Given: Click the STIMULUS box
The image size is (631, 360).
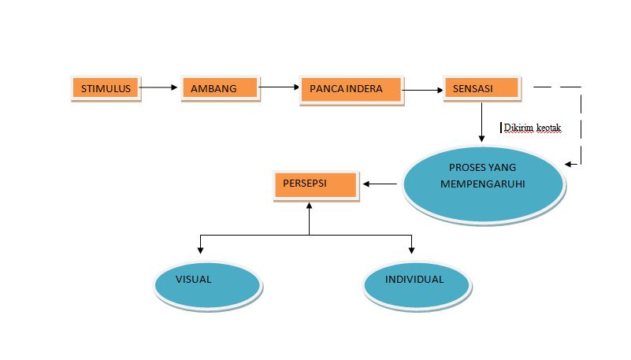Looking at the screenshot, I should [106, 88].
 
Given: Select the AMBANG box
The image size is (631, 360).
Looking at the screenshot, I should [220, 89].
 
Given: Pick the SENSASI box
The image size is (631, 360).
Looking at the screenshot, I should [481, 89].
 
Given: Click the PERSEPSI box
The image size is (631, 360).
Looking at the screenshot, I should [314, 185].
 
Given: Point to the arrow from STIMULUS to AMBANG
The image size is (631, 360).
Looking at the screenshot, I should [160, 88].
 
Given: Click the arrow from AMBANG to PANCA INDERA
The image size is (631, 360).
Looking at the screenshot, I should [279, 87].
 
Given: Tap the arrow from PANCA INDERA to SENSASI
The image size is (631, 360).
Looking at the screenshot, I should [422, 91].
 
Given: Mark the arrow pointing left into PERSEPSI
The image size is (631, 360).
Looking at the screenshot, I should [380, 185].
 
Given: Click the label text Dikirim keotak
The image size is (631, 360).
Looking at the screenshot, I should [532, 127].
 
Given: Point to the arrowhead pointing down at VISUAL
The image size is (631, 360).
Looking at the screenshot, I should [201, 250].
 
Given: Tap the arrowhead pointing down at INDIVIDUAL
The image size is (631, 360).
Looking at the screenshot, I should [412, 250].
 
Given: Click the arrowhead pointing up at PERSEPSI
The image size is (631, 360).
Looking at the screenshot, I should [309, 203].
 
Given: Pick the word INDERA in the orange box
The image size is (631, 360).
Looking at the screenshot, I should [365, 89].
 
